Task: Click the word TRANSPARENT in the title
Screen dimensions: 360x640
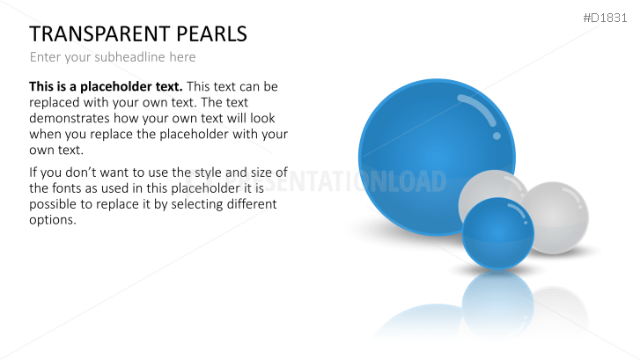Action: point(96,34)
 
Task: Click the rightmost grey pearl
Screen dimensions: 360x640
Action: point(558,217)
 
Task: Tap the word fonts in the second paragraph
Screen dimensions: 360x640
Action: point(49,187)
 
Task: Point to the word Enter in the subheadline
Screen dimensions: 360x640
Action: point(46,57)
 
